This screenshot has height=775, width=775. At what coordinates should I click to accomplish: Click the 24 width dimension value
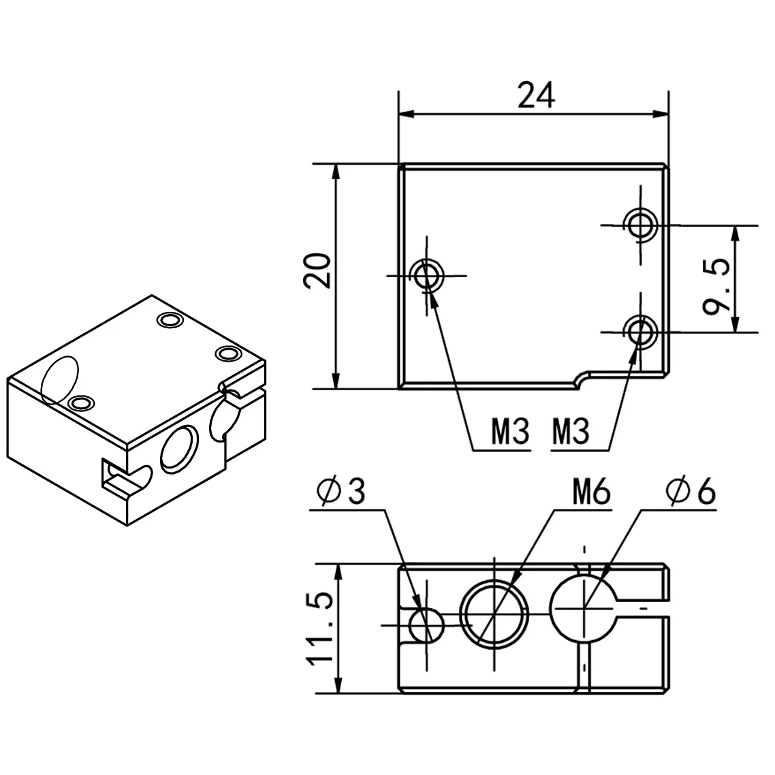coord(536,95)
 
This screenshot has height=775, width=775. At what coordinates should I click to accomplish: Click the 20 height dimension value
coord(318,271)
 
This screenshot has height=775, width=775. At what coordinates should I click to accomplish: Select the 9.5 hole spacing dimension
coord(717,279)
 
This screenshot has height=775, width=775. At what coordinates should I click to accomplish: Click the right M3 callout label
coord(570,432)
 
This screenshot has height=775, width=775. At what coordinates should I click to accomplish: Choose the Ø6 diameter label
coord(691,492)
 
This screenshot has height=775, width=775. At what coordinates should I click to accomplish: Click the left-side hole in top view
coord(428,275)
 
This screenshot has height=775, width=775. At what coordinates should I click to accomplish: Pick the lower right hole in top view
coord(640,331)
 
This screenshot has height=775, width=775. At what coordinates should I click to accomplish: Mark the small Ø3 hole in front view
coord(426,624)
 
